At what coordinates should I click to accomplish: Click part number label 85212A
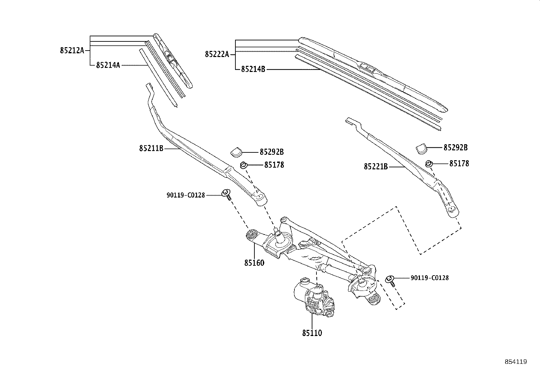(72, 51)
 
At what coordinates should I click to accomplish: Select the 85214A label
(108, 65)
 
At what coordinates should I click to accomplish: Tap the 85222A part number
(217, 54)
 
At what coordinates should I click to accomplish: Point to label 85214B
(253, 69)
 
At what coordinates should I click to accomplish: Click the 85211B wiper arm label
(151, 148)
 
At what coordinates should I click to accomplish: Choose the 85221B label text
(376, 167)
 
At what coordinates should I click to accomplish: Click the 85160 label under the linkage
(254, 263)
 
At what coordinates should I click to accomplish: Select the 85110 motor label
(312, 333)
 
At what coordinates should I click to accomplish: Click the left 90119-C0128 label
(186, 195)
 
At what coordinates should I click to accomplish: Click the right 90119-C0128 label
(429, 278)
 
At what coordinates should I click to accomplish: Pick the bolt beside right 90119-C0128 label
(390, 280)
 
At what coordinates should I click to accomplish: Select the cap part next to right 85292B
(421, 148)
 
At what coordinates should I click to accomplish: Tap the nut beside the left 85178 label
(243, 165)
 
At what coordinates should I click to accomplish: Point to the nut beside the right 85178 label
(428, 164)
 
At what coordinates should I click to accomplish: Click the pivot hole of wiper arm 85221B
(452, 209)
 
